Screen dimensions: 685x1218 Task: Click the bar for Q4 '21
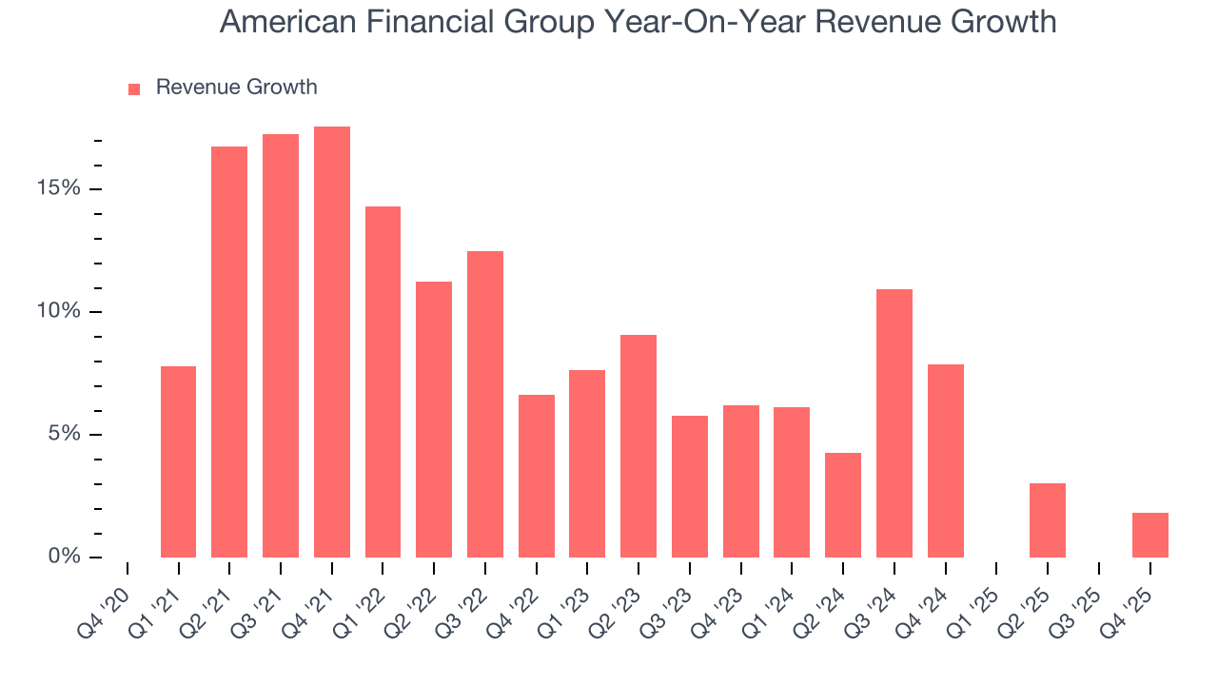coord(332,342)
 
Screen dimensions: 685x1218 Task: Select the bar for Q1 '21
coord(179,461)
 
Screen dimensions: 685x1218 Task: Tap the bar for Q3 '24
coord(894,423)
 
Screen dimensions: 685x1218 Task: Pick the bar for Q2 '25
coord(1048,520)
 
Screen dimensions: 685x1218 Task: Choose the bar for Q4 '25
coord(1150,535)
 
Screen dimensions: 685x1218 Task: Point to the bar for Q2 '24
coord(843,505)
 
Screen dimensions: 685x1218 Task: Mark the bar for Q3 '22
coord(485,404)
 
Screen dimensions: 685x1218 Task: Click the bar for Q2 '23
coord(638,446)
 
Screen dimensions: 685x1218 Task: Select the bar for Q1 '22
coord(383,382)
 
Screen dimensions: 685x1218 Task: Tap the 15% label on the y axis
coord(59,188)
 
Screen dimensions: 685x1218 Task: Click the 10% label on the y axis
coord(59,312)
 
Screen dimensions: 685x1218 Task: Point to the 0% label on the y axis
coord(64,557)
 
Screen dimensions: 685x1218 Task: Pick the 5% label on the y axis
coord(64,434)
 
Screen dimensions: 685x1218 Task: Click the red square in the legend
coord(134,88)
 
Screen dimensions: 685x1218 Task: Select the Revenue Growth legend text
coord(236,88)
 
